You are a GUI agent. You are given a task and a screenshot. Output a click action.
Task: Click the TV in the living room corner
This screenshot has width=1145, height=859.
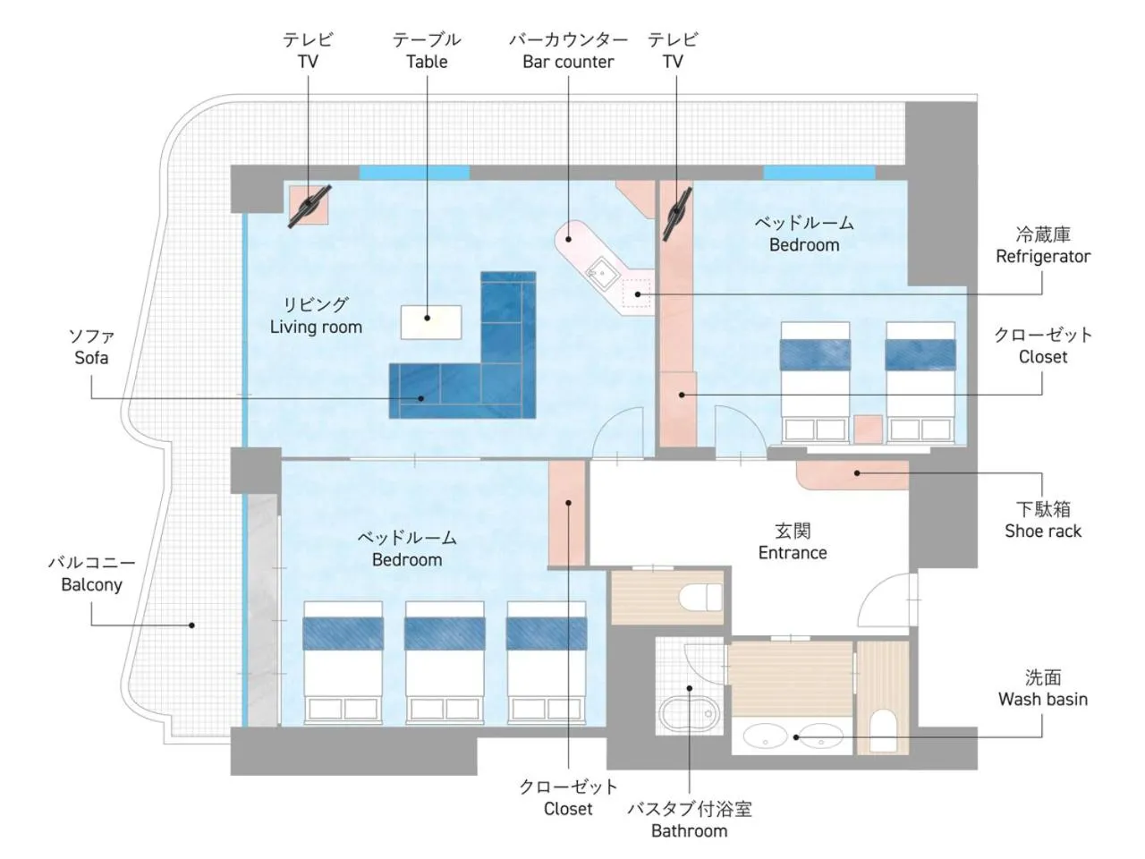click(310, 206)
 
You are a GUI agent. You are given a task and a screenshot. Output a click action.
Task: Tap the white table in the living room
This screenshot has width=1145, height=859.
click(431, 322)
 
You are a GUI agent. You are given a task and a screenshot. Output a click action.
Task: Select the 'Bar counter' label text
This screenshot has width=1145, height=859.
click(567, 62)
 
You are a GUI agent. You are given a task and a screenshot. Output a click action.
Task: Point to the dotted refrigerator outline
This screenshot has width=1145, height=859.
click(636, 293)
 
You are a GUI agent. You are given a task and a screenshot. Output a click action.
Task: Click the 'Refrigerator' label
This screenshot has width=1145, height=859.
click(1043, 256)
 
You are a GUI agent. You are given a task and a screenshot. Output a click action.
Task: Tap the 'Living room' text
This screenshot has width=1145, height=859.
click(316, 327)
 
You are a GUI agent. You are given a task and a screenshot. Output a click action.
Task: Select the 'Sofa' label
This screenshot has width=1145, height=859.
click(91, 358)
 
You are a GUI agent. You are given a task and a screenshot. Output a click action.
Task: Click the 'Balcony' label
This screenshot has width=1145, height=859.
click(91, 584)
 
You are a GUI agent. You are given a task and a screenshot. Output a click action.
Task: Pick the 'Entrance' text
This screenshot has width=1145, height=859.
click(793, 552)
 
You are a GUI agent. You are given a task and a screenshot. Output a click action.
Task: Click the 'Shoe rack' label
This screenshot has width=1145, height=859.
click(1043, 531)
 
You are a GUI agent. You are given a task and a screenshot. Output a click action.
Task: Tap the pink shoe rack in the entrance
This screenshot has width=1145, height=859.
click(852, 474)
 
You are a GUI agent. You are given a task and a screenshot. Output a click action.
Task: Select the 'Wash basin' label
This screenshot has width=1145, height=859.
click(1043, 699)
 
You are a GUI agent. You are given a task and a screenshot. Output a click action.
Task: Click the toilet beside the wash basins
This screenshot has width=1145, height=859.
click(883, 729)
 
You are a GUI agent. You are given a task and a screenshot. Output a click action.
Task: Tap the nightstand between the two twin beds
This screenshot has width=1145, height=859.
click(868, 429)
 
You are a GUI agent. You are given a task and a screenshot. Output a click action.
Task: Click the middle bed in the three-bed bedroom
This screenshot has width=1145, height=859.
click(445, 662)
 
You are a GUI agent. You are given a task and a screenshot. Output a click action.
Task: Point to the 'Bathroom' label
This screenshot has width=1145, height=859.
click(689, 830)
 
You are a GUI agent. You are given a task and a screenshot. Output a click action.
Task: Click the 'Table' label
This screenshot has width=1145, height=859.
click(427, 62)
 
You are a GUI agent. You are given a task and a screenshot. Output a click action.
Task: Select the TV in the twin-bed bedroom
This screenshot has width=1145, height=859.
click(676, 213)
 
